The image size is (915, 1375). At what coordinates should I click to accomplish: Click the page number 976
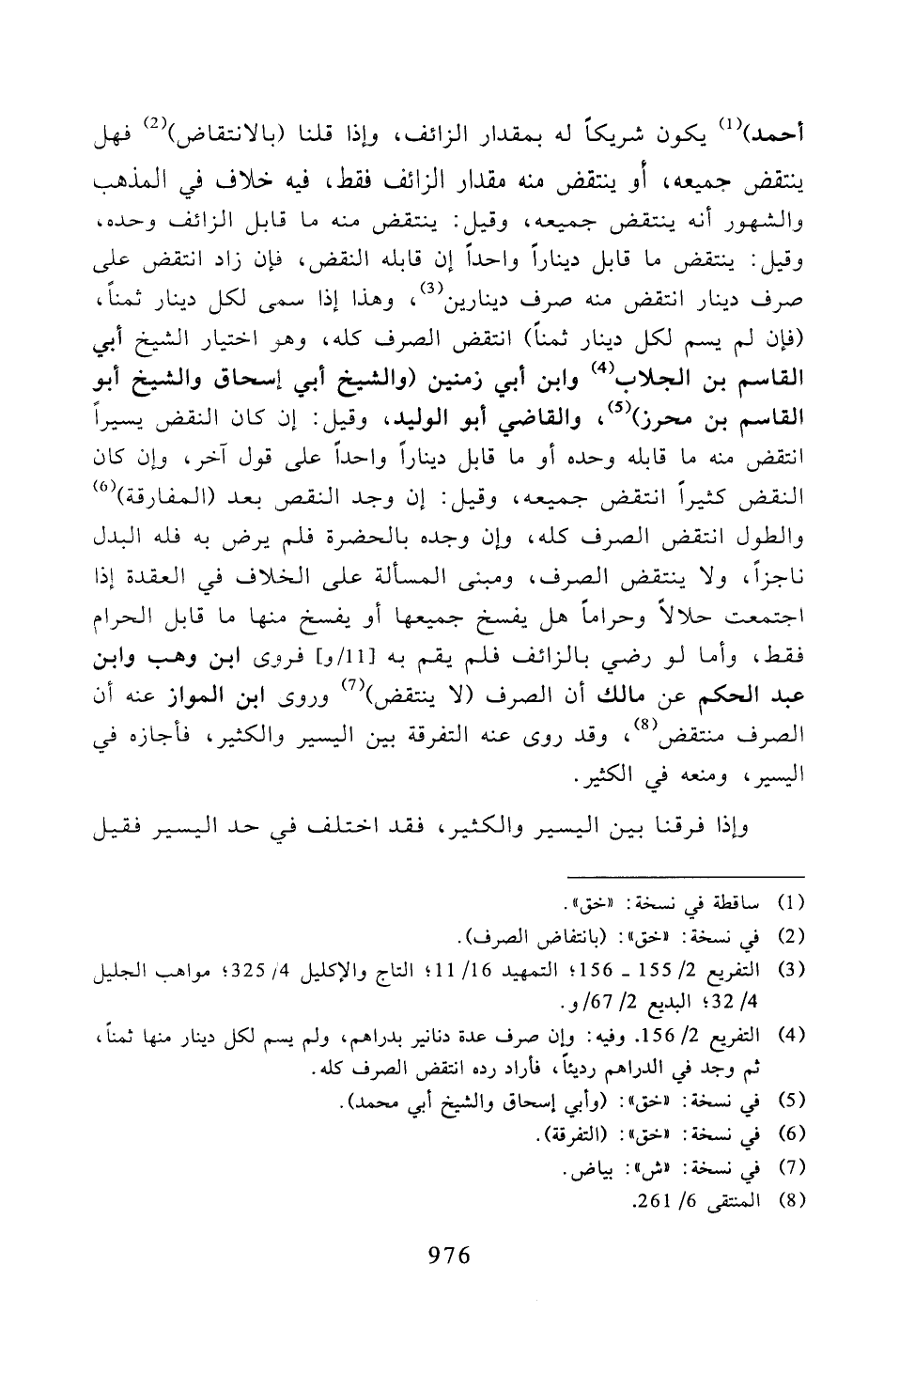coord(447,1254)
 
